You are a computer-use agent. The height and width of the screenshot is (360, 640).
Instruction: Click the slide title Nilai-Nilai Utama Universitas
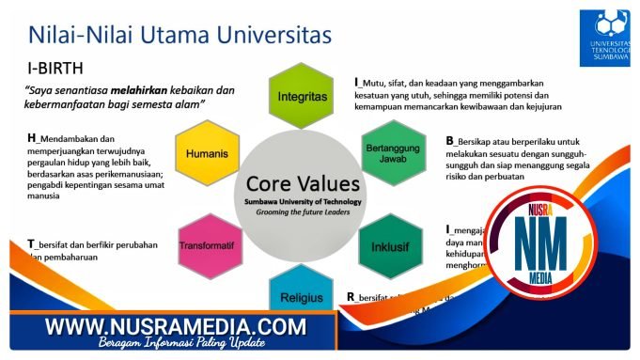tap(180, 35)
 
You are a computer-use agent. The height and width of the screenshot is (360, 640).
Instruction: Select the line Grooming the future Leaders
tap(296, 212)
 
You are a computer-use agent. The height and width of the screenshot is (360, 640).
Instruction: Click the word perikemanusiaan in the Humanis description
tap(133, 174)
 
